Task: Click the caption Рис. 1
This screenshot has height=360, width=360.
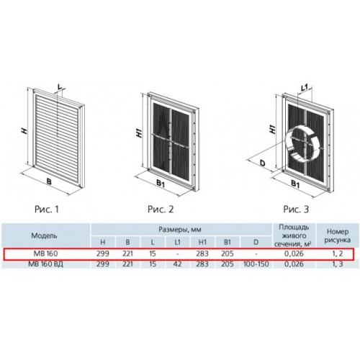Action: pyautogui.click(x=47, y=210)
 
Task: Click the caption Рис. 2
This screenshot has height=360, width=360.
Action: pyautogui.click(x=161, y=210)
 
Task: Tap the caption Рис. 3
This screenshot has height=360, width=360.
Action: pyautogui.click(x=296, y=210)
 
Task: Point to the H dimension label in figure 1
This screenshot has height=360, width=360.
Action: pyautogui.click(x=24, y=131)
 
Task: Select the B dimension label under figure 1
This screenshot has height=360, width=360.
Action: pyautogui.click(x=49, y=181)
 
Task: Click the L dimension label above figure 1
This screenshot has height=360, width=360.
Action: pyautogui.click(x=60, y=86)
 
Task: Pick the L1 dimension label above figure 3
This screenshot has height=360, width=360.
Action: pyautogui.click(x=305, y=89)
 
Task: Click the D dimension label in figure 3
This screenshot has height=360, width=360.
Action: pyautogui.click(x=263, y=163)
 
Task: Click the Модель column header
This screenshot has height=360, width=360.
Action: pyautogui.click(x=44, y=235)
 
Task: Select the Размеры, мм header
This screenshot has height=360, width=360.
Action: pyautogui.click(x=180, y=230)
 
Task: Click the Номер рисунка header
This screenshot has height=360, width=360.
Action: pyautogui.click(x=338, y=235)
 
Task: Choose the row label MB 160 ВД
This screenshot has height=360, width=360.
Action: pyautogui.click(x=45, y=264)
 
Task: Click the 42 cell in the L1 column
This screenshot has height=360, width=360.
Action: pyautogui.click(x=177, y=264)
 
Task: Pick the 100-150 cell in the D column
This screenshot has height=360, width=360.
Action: pyautogui.click(x=256, y=264)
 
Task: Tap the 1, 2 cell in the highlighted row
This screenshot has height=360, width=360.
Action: pyautogui.click(x=338, y=253)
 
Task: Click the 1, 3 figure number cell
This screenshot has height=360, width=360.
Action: pyautogui.click(x=338, y=264)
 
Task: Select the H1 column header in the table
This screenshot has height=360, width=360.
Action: pyautogui.click(x=202, y=242)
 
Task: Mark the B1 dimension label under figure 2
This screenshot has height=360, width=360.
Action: pyautogui.click(x=161, y=184)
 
